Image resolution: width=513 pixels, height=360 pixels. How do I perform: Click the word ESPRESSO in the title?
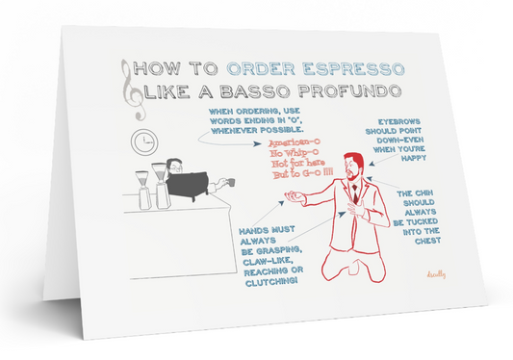pos(353,69)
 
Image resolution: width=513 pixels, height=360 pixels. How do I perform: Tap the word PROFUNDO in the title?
pos(350,90)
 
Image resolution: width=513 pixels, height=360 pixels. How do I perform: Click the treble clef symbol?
pos(133,90)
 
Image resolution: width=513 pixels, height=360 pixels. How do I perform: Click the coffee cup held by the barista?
pos(230,182)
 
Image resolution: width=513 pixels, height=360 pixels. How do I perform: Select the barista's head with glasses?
pos(175,167)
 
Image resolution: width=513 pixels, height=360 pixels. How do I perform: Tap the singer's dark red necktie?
pos(355,194)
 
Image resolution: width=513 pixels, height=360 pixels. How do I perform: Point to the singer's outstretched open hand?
pos(295,196)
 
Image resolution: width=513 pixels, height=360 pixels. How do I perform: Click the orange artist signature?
pos(436,274)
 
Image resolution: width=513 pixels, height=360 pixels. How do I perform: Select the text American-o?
pos(295,142)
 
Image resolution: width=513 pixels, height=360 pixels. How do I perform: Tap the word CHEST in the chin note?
pos(427,241)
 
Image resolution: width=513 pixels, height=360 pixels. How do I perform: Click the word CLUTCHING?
pos(271,282)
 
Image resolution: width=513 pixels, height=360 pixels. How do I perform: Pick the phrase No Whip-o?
pos(295,153)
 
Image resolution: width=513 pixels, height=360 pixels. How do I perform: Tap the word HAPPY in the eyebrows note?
pos(414,158)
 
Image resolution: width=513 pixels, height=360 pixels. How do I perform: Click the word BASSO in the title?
pos(255,91)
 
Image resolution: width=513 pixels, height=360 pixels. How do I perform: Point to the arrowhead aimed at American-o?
pos(258,143)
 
